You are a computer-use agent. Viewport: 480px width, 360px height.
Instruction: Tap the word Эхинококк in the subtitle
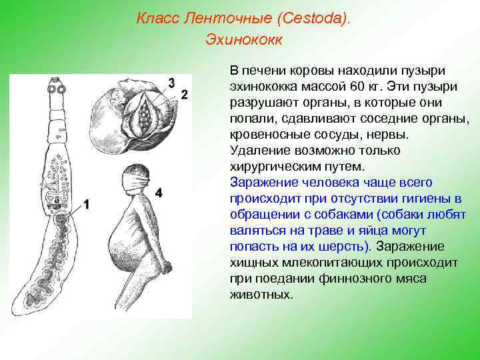click(244, 39)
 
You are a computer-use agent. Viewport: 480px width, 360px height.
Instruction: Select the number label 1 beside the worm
click(87, 205)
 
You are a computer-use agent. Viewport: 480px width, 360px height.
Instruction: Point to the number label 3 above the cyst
click(171, 83)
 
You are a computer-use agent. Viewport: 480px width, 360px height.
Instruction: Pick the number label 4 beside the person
click(158, 193)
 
